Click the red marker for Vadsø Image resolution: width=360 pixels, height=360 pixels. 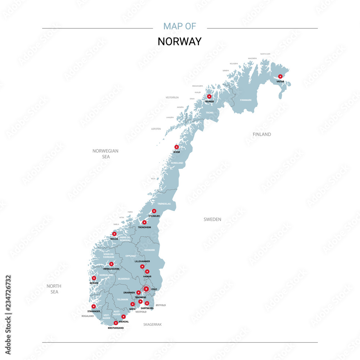280,76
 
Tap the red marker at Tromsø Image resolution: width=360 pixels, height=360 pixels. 209,96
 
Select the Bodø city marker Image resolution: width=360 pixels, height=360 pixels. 176,147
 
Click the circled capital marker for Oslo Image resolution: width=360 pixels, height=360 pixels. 146,289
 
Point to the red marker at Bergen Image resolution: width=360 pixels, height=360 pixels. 94,278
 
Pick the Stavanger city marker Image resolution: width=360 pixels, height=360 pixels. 94,306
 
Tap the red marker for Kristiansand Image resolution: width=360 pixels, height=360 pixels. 116,323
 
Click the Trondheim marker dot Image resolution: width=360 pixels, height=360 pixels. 144,222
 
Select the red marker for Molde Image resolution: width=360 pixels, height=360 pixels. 114,234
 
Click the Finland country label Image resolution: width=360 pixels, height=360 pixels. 262,134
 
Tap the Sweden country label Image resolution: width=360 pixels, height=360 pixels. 212,219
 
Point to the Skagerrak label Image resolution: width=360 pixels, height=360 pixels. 153,324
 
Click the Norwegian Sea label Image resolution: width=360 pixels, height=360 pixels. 105,154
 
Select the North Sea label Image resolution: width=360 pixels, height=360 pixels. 54,289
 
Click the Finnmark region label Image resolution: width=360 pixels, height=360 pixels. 246,100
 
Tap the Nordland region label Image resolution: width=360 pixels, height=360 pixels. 177,163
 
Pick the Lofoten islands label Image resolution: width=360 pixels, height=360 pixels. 156,129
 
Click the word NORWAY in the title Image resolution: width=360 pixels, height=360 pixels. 180,41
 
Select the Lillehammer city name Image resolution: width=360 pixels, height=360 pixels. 142,261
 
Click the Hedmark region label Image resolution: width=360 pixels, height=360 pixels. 149,250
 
